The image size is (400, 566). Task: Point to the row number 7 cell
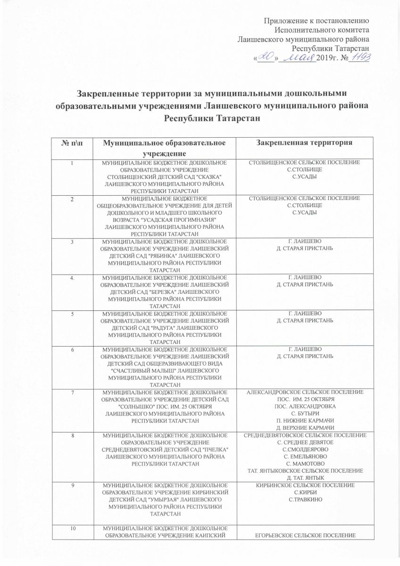pos(73,392)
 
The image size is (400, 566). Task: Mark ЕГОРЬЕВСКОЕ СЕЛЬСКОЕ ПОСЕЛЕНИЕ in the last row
pos(305,534)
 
